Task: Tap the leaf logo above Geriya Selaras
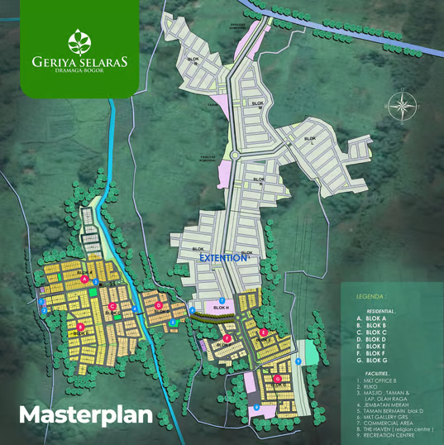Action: click(x=80, y=41)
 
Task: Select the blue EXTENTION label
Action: click(x=223, y=258)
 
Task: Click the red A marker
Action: click(x=85, y=280)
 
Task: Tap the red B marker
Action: click(x=81, y=327)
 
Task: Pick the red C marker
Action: click(x=112, y=306)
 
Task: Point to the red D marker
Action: click(x=158, y=305)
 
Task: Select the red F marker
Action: click(x=227, y=338)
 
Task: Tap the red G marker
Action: click(x=278, y=379)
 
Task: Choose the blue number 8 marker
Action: click(x=256, y=406)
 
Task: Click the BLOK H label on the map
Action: click(x=220, y=309)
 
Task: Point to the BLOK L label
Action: click(x=310, y=140)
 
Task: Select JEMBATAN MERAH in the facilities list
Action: click(x=384, y=393)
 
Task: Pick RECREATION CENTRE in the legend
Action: click(x=391, y=436)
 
